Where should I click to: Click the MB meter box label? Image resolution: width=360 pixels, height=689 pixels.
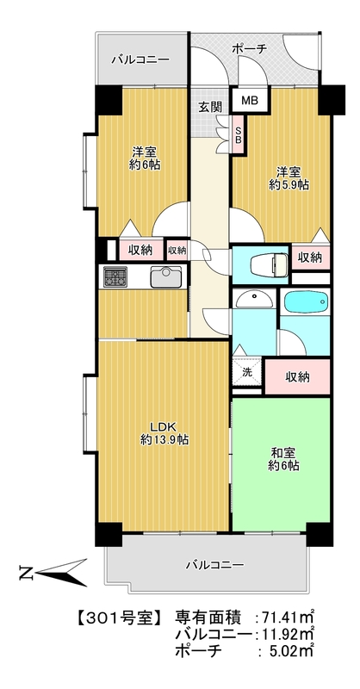[248, 102]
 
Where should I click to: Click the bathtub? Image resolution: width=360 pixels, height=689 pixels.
[306, 304]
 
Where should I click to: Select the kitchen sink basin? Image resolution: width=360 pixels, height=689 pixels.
[165, 277]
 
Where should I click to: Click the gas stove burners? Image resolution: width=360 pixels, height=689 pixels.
[115, 277]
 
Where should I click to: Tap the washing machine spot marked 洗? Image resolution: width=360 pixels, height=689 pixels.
[247, 372]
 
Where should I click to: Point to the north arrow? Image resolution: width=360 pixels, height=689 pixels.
[52, 571]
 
